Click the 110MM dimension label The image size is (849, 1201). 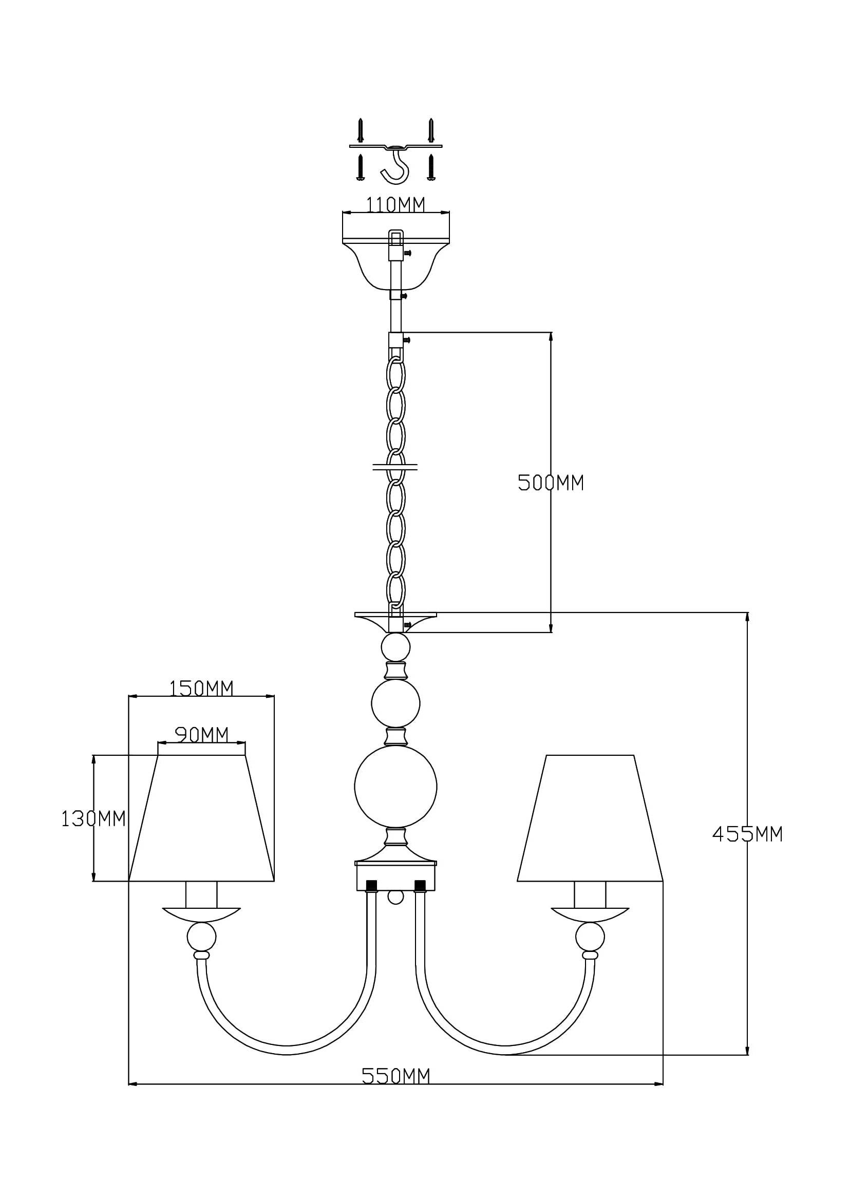(x=395, y=205)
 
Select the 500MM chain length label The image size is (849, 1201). (x=550, y=483)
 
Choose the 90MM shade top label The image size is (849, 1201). (x=201, y=735)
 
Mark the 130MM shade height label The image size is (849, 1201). (x=93, y=818)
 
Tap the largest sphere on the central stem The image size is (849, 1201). (x=395, y=786)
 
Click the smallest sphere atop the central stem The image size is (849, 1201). (x=395, y=647)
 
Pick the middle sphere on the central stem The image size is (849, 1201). (x=395, y=703)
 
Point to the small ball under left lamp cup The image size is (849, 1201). (x=201, y=937)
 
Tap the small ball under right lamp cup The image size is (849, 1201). (x=590, y=937)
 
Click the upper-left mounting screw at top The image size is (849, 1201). (x=360, y=130)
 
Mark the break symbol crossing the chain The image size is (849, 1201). (x=395, y=466)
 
